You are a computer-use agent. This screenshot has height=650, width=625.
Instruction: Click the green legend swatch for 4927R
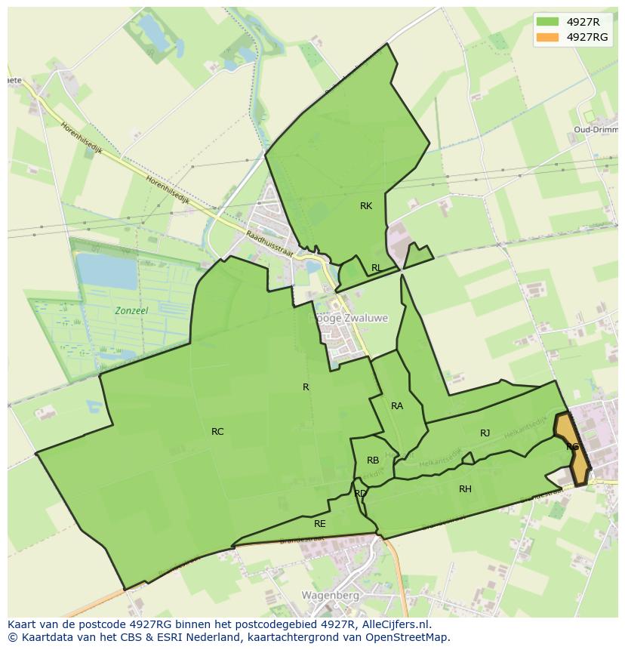pos(549,22)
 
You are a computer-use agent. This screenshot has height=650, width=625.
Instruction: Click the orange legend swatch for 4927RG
pos(549,37)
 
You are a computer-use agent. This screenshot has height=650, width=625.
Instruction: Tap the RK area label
pos(366,206)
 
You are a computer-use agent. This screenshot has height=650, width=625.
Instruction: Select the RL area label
pos(376,268)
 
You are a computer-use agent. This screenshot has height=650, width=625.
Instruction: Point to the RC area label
pos(217,432)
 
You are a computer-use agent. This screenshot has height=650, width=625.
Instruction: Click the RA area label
pos(397,406)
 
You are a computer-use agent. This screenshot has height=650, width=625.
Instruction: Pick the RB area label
pos(373,461)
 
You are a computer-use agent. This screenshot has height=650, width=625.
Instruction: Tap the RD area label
pos(360,494)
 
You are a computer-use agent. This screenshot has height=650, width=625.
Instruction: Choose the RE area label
pos(320,524)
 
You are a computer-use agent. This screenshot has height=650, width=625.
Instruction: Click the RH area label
pos(465,489)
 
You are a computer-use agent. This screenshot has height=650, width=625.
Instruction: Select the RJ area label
pos(485,433)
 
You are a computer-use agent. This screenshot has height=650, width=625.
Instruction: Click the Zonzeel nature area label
pos(131,310)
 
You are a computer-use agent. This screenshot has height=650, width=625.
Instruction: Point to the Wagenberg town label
pos(329,595)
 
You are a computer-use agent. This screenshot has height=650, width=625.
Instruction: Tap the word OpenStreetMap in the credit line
pos(408,637)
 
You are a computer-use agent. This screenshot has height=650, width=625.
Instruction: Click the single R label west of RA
pos(306,387)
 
